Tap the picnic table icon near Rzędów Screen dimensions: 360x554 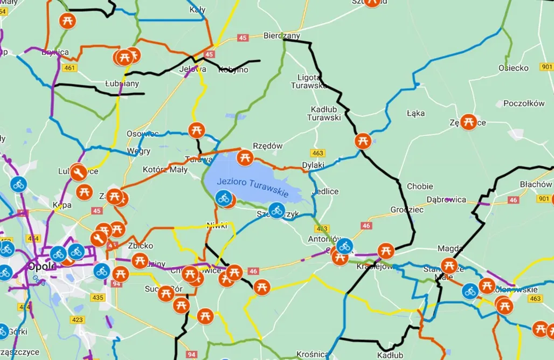tap(245, 157)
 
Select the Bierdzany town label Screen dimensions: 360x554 tap(281, 36)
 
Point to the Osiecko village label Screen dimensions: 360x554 tap(513, 68)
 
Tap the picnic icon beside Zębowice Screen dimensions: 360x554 tap(469, 122)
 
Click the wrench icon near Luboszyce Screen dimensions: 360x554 tap(79, 172)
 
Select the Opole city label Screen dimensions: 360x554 tap(42, 266)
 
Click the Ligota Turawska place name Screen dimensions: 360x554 tap(309, 81)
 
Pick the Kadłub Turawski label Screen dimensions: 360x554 tap(324, 113)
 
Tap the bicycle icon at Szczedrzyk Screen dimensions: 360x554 tap(277, 210)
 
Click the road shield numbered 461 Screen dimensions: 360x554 tap(70, 67)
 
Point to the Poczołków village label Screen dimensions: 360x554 tap(524, 103)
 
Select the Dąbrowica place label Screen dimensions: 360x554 tap(446, 199)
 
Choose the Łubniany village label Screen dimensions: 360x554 tap(122, 84)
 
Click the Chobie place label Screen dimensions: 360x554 tap(420, 186)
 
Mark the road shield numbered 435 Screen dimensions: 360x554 tap(98, 297)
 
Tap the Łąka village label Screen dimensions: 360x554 tap(416, 113)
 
